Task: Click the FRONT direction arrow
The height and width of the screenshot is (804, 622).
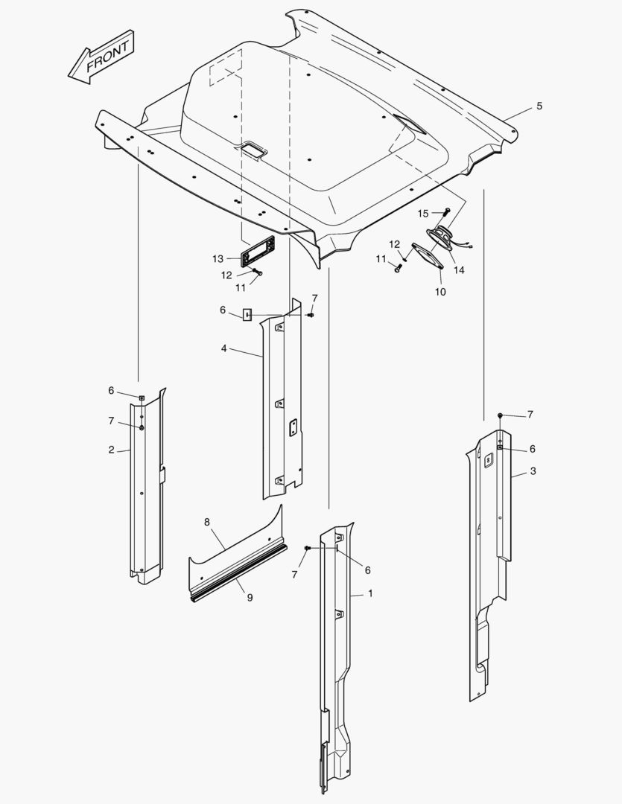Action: pyautogui.click(x=101, y=57)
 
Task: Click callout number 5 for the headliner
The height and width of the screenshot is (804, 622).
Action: pyautogui.click(x=539, y=106)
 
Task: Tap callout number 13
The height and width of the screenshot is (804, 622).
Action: pyautogui.click(x=218, y=259)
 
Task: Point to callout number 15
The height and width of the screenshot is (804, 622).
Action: pyautogui.click(x=423, y=214)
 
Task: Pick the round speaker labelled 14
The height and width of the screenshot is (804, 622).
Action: pyautogui.click(x=440, y=237)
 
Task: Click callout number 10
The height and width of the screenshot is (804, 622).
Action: pyautogui.click(x=440, y=292)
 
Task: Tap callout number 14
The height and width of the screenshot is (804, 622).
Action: pyautogui.click(x=459, y=269)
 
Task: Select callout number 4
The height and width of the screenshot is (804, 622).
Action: pyautogui.click(x=223, y=348)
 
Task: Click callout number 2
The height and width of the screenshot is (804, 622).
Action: pyautogui.click(x=112, y=450)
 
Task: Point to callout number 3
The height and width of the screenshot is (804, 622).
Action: pyautogui.click(x=533, y=470)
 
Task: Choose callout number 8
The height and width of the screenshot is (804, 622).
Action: pyautogui.click(x=207, y=522)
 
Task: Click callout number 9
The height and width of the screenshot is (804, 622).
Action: pyautogui.click(x=250, y=597)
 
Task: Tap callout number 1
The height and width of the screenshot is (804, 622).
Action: pyautogui.click(x=370, y=594)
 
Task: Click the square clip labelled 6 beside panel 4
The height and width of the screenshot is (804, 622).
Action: pyautogui.click(x=247, y=314)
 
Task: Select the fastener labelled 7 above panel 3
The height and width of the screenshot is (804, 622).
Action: pyautogui.click(x=501, y=415)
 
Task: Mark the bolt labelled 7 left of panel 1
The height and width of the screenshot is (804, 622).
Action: pyautogui.click(x=308, y=549)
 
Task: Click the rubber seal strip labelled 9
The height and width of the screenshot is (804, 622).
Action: pyautogui.click(x=239, y=574)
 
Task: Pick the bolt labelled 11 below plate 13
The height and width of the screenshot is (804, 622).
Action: pyautogui.click(x=258, y=272)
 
